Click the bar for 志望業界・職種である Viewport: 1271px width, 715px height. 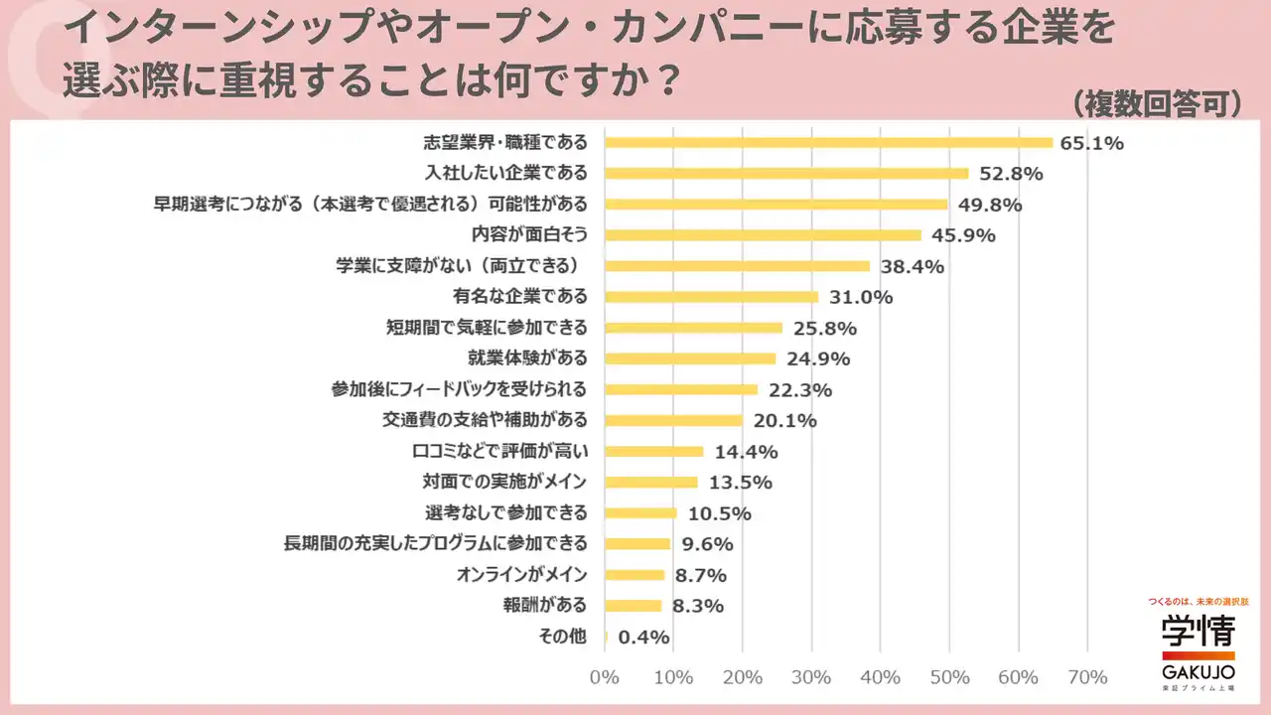(828, 142)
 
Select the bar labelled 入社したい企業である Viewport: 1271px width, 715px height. (785, 173)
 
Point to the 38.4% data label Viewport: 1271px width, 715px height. (908, 266)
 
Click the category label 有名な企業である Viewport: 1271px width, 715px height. (519, 297)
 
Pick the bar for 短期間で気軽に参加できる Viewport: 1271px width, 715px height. (693, 328)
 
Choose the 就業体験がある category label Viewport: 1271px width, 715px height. (527, 358)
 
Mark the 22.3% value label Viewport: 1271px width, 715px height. (795, 389)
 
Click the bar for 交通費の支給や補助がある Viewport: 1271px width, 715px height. (673, 420)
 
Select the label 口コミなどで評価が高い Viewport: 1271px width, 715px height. (499, 452)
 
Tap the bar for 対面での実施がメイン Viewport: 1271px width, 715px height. (650, 483)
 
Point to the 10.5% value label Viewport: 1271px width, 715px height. (715, 513)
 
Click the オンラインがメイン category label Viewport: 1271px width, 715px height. (521, 575)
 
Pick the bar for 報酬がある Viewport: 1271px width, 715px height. (633, 606)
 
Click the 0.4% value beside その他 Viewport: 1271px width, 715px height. (643, 637)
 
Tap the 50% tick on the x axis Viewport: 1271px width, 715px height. (948, 677)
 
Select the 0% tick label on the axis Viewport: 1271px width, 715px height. (604, 677)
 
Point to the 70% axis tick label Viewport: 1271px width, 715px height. (1086, 677)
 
